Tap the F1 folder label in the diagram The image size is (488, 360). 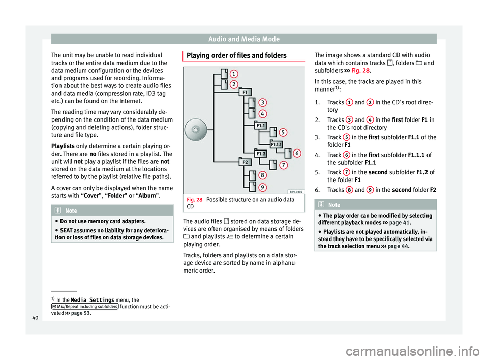click(x=245, y=93)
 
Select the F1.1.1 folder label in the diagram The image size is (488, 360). click(x=277, y=144)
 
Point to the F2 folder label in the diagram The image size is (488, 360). click(x=245, y=162)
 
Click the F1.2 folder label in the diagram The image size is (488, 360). click(x=261, y=153)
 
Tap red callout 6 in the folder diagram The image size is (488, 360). click(x=297, y=153)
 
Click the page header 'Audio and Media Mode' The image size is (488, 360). click(x=244, y=38)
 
